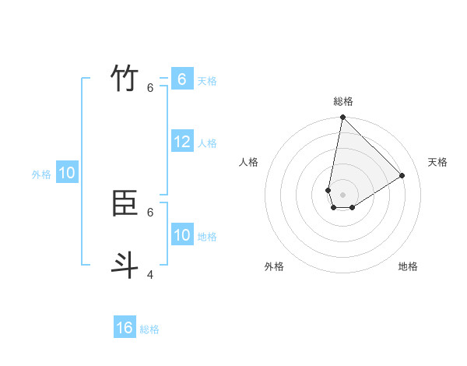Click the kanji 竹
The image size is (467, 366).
pyautogui.click(x=125, y=79)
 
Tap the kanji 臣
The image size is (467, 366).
pyautogui.click(x=125, y=203)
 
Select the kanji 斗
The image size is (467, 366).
pyautogui.click(x=125, y=266)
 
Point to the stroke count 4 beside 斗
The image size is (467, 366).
pyautogui.click(x=150, y=274)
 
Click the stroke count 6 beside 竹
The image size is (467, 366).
pyautogui.click(x=150, y=88)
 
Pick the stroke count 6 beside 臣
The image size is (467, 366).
pyautogui.click(x=150, y=212)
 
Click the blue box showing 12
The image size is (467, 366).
pyautogui.click(x=182, y=142)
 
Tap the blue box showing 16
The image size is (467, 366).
pyautogui.click(x=125, y=328)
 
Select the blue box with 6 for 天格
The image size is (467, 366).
pyautogui.click(x=182, y=79)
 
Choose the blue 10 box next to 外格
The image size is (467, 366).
pyautogui.click(x=66, y=173)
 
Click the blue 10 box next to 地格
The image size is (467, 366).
pyautogui.click(x=182, y=235)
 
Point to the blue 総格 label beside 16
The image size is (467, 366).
pyautogui.click(x=149, y=329)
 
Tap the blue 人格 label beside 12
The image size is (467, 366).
pyautogui.click(x=207, y=143)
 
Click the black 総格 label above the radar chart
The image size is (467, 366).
pyautogui.click(x=343, y=101)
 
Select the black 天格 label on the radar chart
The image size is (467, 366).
pyautogui.click(x=438, y=162)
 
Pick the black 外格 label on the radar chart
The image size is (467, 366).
pyautogui.click(x=274, y=266)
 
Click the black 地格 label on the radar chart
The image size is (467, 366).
pyautogui.click(x=408, y=266)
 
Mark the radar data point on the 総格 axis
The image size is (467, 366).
pyautogui.click(x=342, y=118)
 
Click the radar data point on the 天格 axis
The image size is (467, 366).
pyautogui.click(x=402, y=175)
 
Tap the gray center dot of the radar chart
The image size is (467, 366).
pyautogui.click(x=342, y=195)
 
